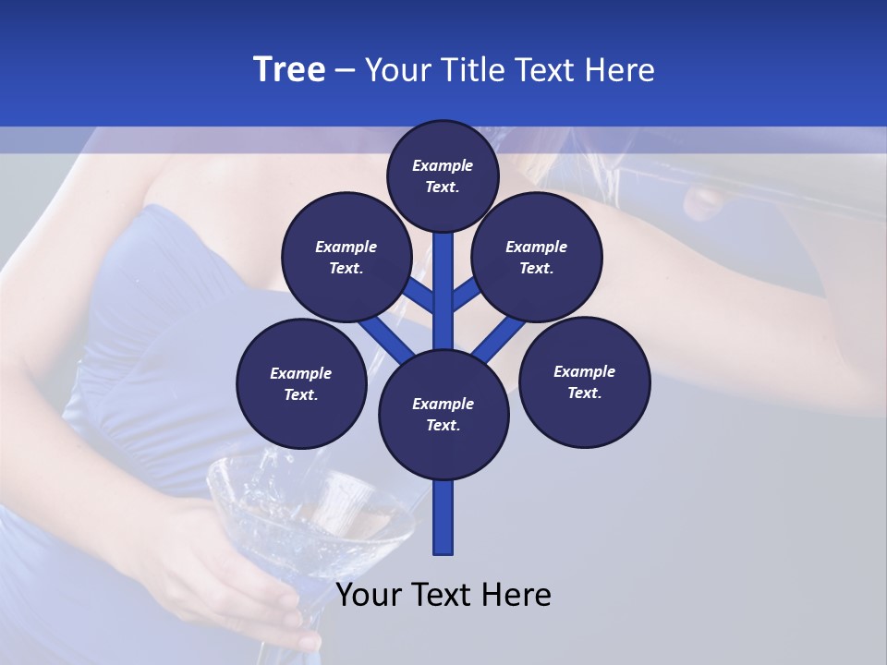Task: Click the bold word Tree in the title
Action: click(289, 69)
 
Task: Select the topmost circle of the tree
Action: click(443, 175)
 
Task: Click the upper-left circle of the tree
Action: click(346, 258)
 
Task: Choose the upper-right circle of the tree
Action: click(536, 258)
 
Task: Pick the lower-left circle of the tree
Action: click(300, 383)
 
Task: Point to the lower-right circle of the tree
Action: click(584, 381)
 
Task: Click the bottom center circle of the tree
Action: click(443, 414)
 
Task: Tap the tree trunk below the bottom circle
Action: click(443, 517)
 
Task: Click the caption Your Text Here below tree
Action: click(443, 594)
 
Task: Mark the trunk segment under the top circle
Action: click(443, 268)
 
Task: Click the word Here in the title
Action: click(619, 69)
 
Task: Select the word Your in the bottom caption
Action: click(370, 594)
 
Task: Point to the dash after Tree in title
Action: click(345, 69)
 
